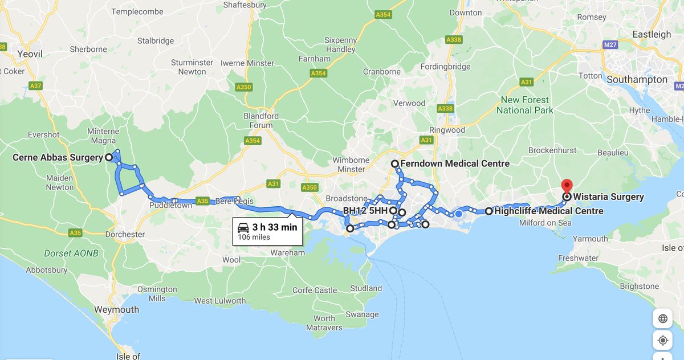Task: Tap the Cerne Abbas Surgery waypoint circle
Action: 108,158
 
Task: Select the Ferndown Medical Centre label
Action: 454,163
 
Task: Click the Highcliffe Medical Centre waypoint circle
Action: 489,211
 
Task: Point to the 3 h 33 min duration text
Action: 275,227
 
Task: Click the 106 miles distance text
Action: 254,237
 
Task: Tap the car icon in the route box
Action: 243,227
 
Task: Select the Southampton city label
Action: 636,80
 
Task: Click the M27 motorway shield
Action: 610,45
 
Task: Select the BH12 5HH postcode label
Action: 365,211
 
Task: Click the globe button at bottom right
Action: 662,318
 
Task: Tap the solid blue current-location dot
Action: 458,214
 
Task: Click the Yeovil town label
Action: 29,54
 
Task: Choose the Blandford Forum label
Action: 261,120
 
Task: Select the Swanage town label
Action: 362,314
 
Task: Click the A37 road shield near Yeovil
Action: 35,86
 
